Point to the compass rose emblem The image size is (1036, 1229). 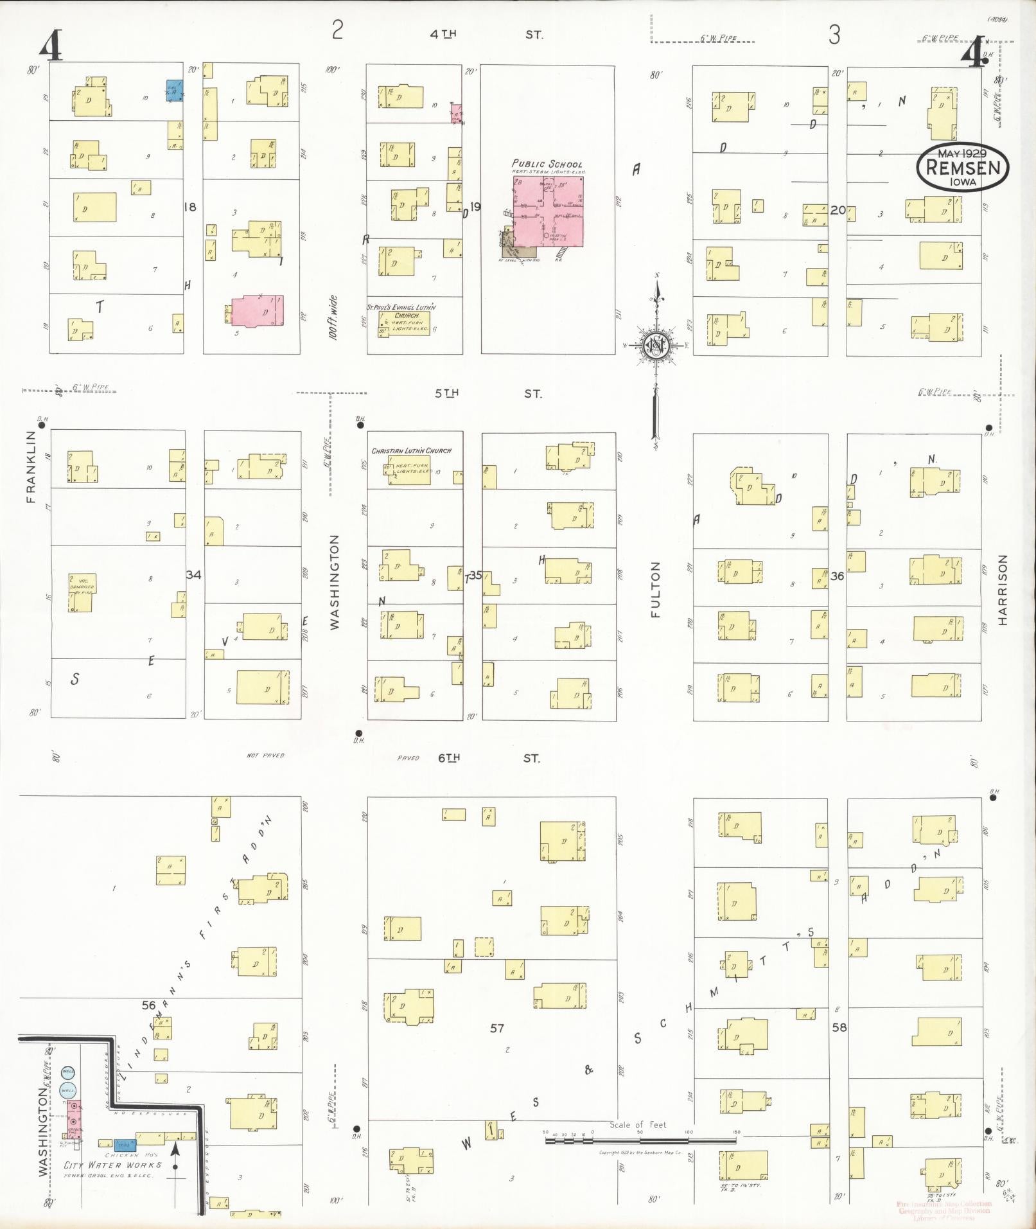(x=656, y=346)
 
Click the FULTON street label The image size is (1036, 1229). (x=655, y=589)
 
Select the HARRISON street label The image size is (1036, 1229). (x=1003, y=589)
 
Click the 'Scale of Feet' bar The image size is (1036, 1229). (x=640, y=1140)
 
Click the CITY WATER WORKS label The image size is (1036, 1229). (x=112, y=1164)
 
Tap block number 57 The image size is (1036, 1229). (x=496, y=1028)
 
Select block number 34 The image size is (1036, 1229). (x=193, y=574)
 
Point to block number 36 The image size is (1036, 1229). (x=837, y=576)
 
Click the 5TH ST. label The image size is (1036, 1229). (x=488, y=393)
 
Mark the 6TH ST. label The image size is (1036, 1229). (x=488, y=758)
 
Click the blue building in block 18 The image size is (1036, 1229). (x=174, y=90)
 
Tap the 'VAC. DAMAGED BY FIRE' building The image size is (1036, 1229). (x=81, y=592)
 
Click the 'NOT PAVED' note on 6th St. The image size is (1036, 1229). (x=265, y=756)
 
